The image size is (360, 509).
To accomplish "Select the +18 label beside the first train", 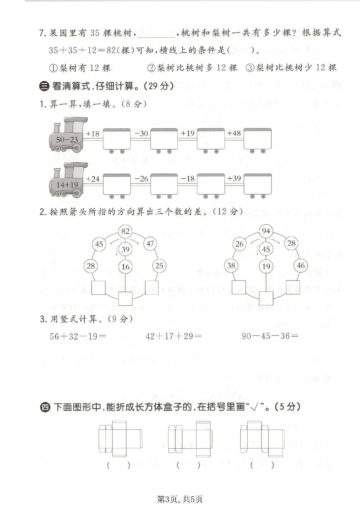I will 92,134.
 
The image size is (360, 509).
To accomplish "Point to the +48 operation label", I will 234,133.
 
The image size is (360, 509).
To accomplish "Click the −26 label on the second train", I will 141,179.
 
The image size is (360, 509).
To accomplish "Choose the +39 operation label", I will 234,178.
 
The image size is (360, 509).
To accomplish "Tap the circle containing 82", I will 125,231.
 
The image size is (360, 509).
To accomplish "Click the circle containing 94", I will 266,231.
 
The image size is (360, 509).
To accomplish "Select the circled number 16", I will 125,267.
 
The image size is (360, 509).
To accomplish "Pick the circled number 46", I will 300,266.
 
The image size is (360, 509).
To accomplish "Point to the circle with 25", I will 159,266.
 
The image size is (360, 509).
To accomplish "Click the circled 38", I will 231,266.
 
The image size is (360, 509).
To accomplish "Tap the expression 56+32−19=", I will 78,336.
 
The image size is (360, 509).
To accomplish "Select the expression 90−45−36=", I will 270,336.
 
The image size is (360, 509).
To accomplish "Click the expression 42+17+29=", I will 174,336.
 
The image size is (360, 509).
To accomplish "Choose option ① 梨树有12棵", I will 80,68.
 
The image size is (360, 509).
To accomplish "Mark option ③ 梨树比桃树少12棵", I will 291,68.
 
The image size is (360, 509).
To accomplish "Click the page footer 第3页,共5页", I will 180,499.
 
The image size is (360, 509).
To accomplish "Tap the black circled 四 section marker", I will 45,407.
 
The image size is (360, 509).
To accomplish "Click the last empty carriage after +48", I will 257,139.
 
